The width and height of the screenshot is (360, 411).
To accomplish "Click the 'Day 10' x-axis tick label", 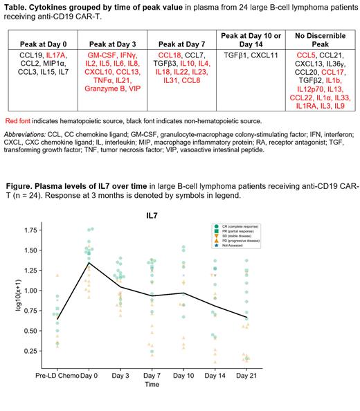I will pos(183,393).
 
